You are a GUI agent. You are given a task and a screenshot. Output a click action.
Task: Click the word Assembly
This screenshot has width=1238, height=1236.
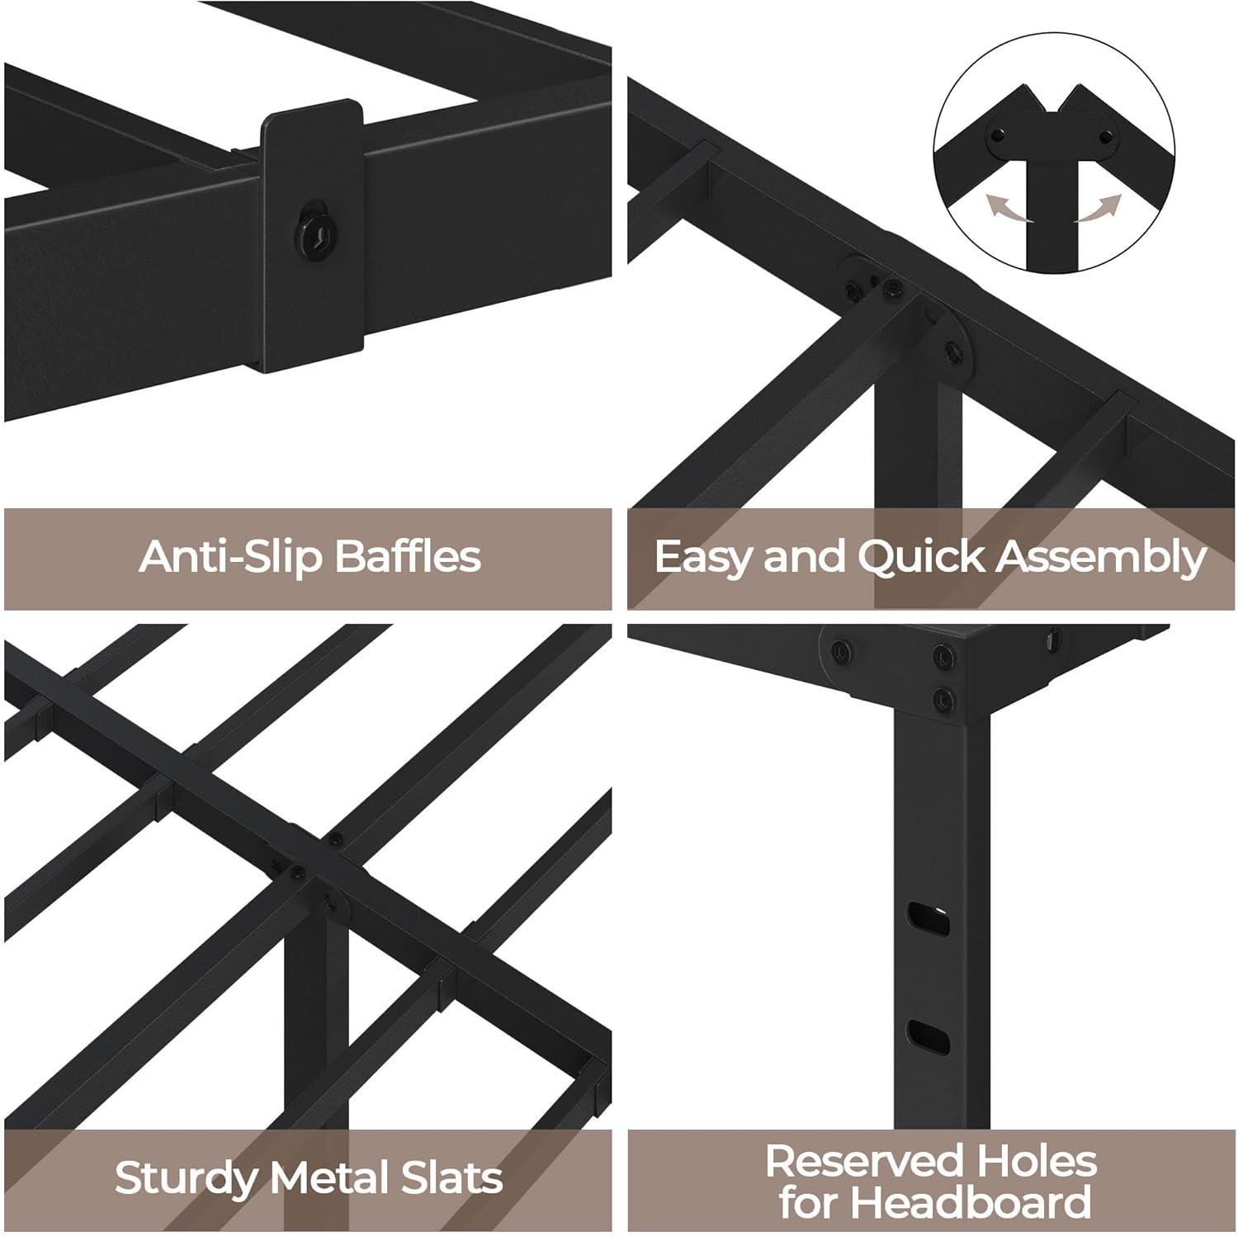[x=1101, y=558]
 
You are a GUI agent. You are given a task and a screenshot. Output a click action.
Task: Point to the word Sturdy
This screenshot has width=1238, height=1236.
[x=186, y=1177]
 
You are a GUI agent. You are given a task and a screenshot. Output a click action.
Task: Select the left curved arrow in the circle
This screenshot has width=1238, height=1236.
[x=1012, y=209]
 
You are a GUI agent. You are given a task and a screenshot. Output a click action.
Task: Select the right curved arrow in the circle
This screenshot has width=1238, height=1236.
[x=1099, y=209]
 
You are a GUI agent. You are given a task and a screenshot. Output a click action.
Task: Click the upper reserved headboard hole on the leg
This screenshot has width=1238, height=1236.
[x=928, y=917]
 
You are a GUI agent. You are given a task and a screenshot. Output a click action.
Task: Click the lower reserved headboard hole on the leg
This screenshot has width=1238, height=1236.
[x=928, y=1032]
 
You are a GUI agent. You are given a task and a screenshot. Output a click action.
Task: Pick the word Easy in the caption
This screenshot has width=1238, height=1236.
[x=703, y=558]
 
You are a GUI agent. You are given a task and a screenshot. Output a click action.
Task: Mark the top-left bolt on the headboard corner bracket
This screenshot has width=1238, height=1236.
[x=841, y=649]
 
